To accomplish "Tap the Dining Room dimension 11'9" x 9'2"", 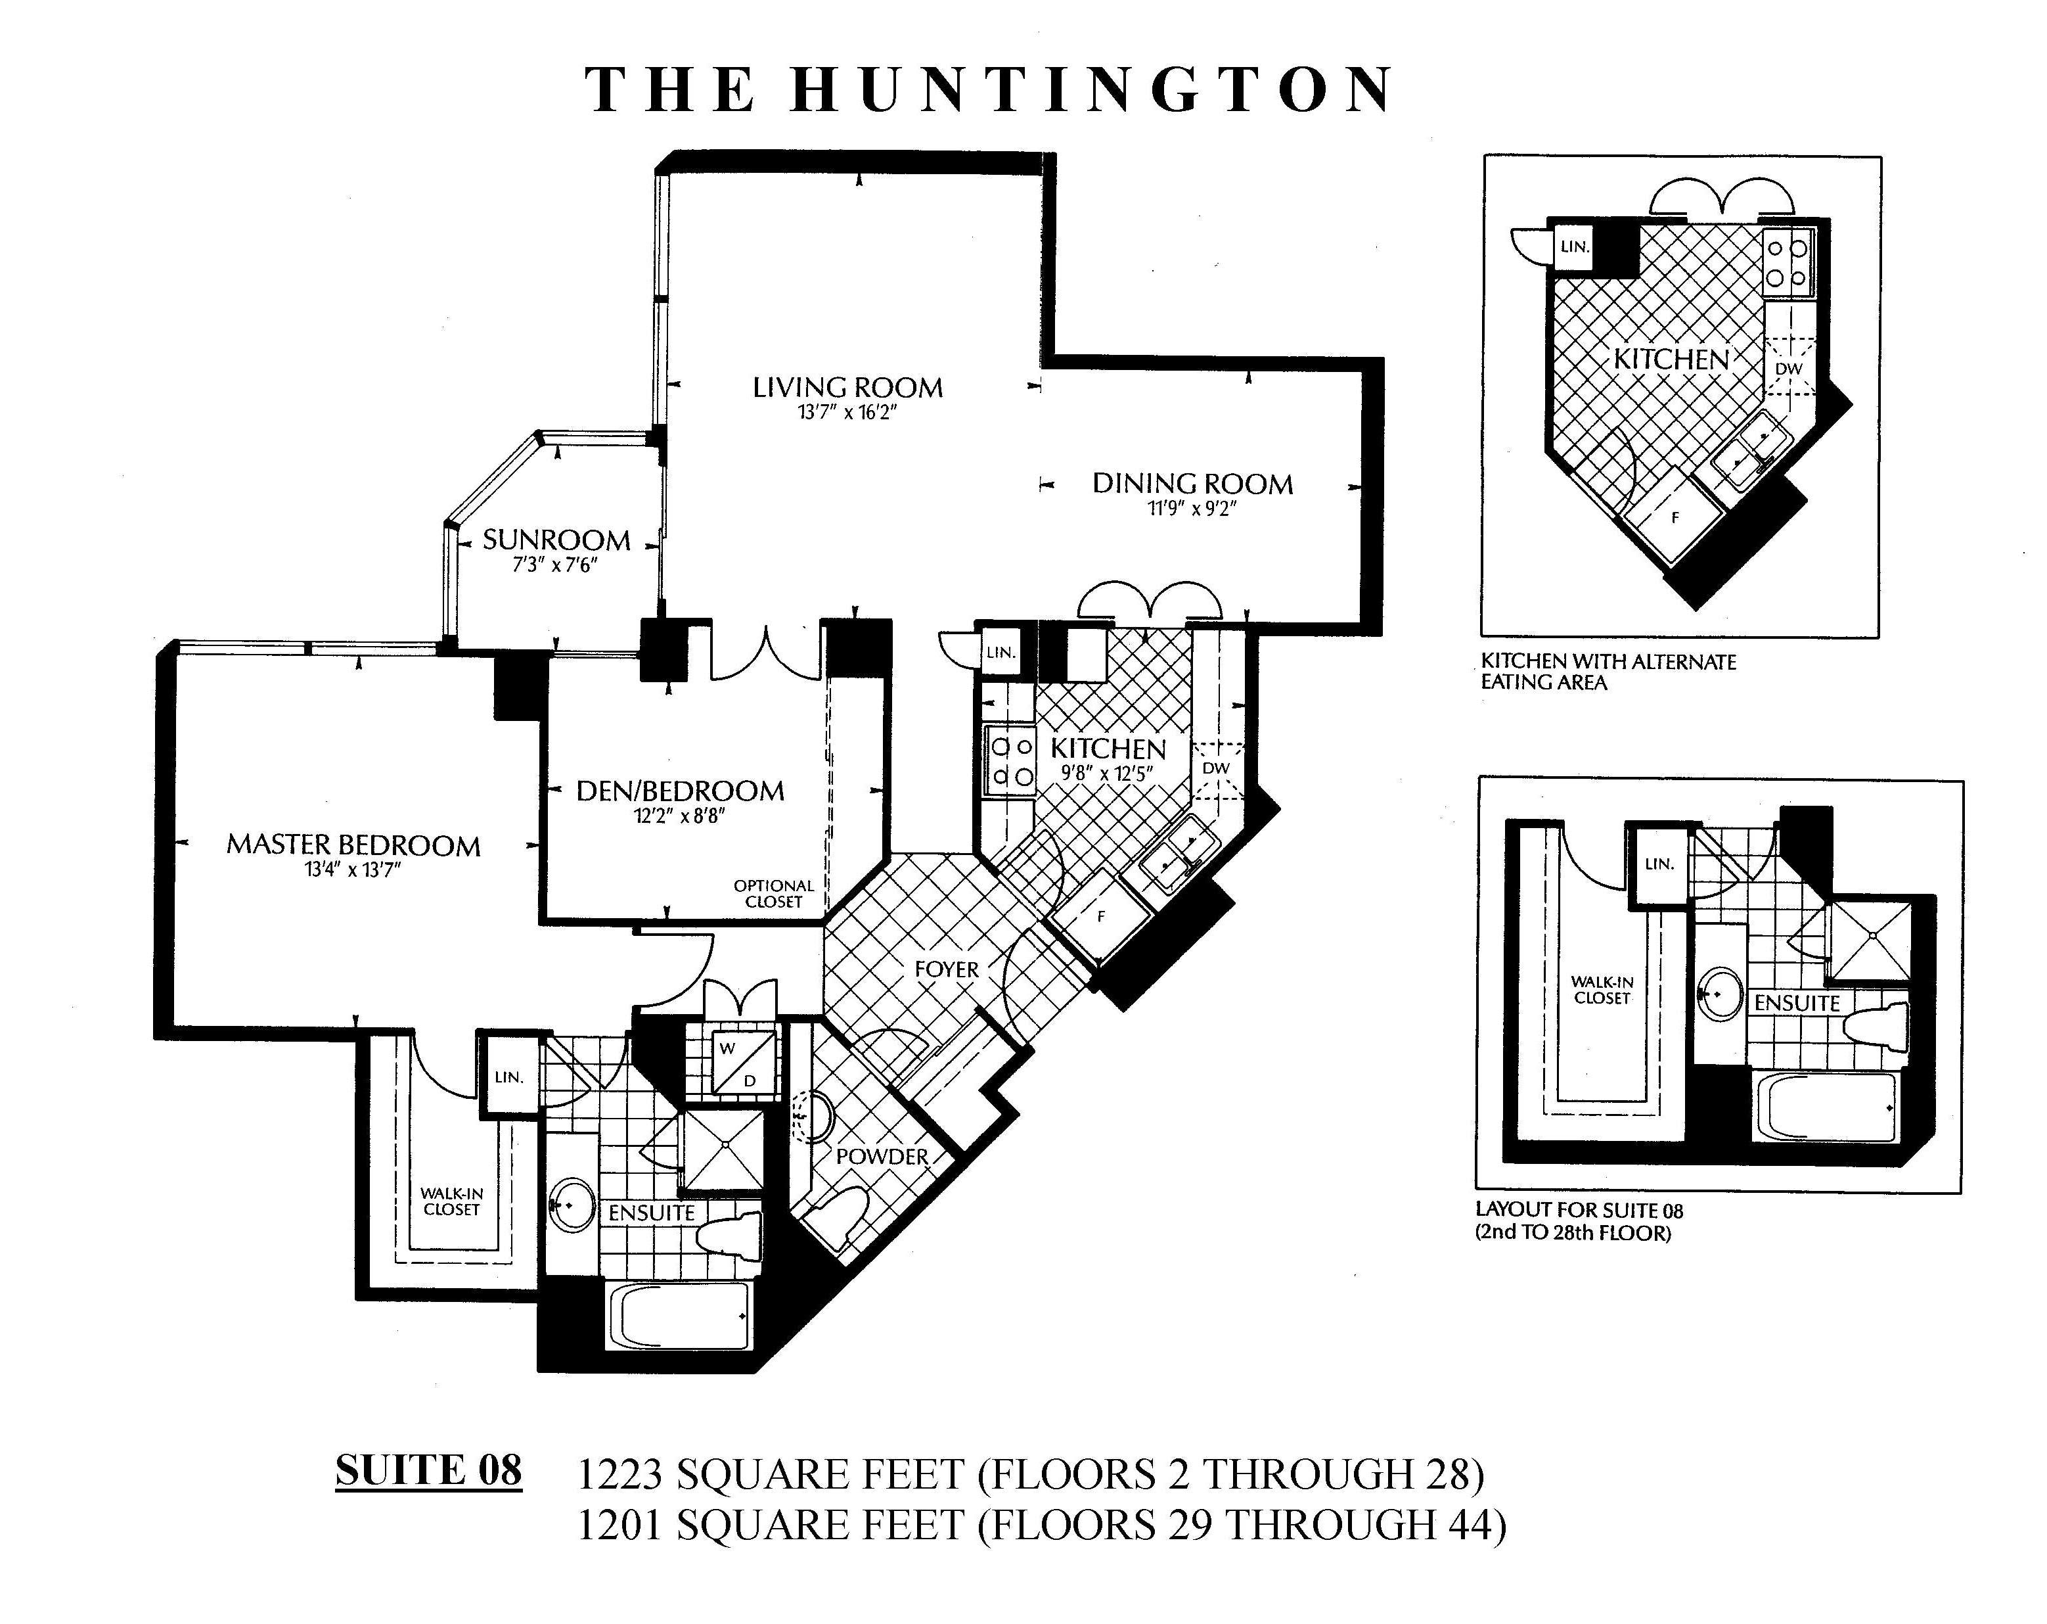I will point(1192,509).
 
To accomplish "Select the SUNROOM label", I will point(556,540).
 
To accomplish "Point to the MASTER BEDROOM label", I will point(353,845).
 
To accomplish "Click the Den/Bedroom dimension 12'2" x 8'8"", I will point(680,816).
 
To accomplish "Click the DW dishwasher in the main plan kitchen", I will point(1216,768).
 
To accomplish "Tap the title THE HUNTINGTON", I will point(989,91).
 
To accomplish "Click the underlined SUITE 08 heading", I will point(428,1470).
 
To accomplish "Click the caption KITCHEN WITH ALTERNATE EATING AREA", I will point(1608,672).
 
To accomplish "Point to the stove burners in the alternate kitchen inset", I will point(1786,263).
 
